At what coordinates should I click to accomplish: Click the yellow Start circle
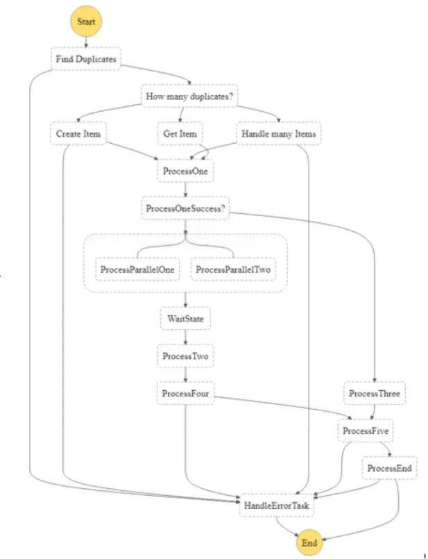coord(85,21)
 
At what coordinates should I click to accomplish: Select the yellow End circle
coord(310,543)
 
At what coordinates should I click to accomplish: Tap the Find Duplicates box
coord(85,59)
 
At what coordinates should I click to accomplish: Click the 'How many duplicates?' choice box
coord(189,97)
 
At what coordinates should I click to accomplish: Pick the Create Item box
coord(78,133)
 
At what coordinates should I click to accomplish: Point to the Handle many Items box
coord(279,133)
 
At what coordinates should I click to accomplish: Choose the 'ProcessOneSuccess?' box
coord(186,208)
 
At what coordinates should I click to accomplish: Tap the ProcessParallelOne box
coord(137,269)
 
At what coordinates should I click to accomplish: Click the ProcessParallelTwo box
coord(233,269)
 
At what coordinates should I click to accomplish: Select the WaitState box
coord(185,319)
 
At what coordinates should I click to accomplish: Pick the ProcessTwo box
coord(185,356)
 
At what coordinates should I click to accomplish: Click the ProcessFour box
coord(185,394)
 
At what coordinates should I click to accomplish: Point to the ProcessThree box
coord(374,394)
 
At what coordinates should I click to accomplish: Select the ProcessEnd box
coord(390,469)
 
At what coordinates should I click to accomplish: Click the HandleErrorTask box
coord(277,506)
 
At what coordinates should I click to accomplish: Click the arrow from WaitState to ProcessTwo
coord(185,337)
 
